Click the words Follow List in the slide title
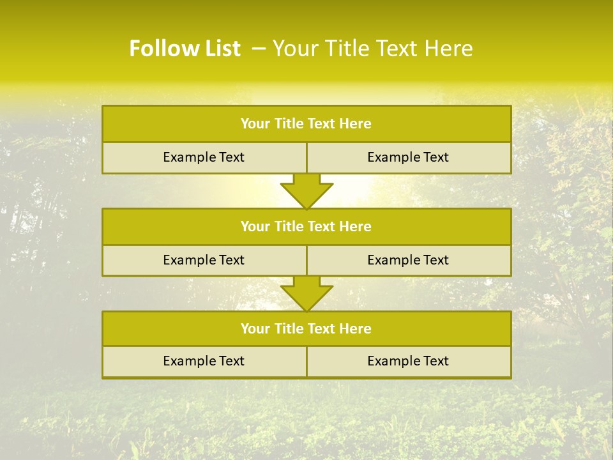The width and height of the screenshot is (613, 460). (x=185, y=49)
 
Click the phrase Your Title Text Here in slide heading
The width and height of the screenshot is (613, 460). (x=372, y=49)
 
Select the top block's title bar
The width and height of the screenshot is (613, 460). (x=306, y=124)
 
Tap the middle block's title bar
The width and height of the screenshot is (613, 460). (x=306, y=227)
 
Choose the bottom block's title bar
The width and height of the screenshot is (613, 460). (x=306, y=329)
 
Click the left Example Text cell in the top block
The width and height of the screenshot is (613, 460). (x=204, y=158)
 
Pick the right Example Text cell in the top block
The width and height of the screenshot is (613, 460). (x=408, y=158)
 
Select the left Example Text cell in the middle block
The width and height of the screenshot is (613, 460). (x=204, y=261)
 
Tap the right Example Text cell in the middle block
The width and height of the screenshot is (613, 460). (x=408, y=261)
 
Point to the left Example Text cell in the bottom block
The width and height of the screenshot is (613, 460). (x=204, y=362)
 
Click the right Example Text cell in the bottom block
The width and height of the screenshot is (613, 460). (x=408, y=362)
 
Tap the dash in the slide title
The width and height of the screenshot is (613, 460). (x=259, y=49)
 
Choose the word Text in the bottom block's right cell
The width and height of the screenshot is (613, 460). (x=435, y=362)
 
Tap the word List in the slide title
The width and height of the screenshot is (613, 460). (x=220, y=49)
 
